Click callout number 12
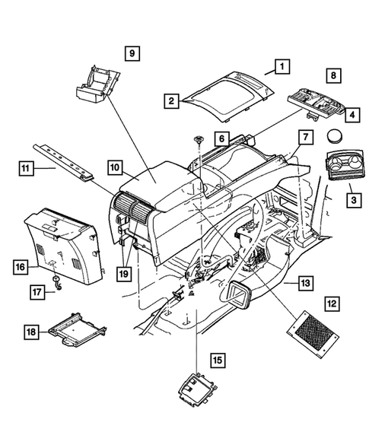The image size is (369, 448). tap(332, 303)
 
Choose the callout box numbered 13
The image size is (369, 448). tap(304, 283)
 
